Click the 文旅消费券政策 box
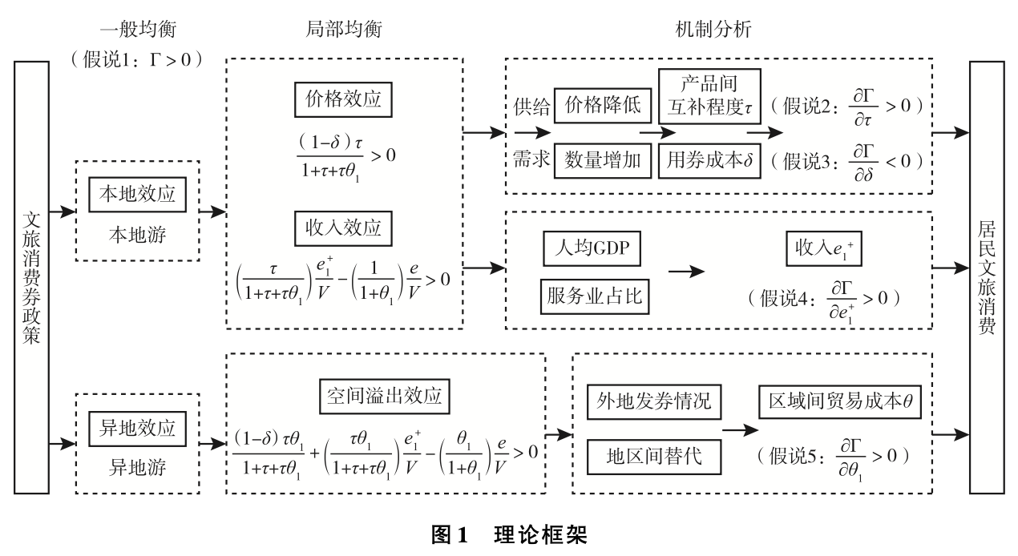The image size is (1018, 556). click(x=31, y=277)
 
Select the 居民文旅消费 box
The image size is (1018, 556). click(x=987, y=277)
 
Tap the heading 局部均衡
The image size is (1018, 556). click(x=344, y=30)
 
